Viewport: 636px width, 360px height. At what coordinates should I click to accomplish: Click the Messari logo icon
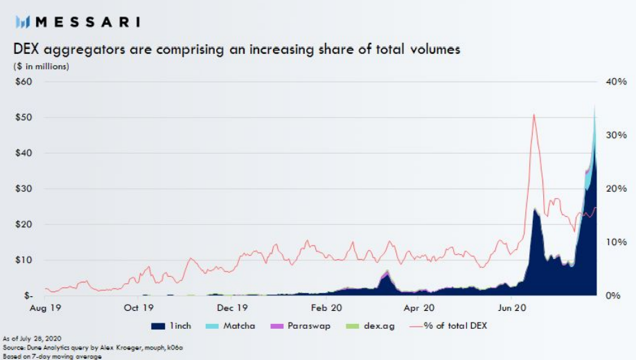[23, 22]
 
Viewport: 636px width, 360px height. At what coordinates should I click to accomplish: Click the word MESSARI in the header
[87, 22]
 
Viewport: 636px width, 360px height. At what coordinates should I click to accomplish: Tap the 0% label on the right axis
[612, 296]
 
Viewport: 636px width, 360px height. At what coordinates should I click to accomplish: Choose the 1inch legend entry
[171, 325]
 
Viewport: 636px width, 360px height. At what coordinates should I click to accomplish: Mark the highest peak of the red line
[533, 114]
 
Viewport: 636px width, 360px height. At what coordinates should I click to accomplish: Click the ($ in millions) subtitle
[42, 66]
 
